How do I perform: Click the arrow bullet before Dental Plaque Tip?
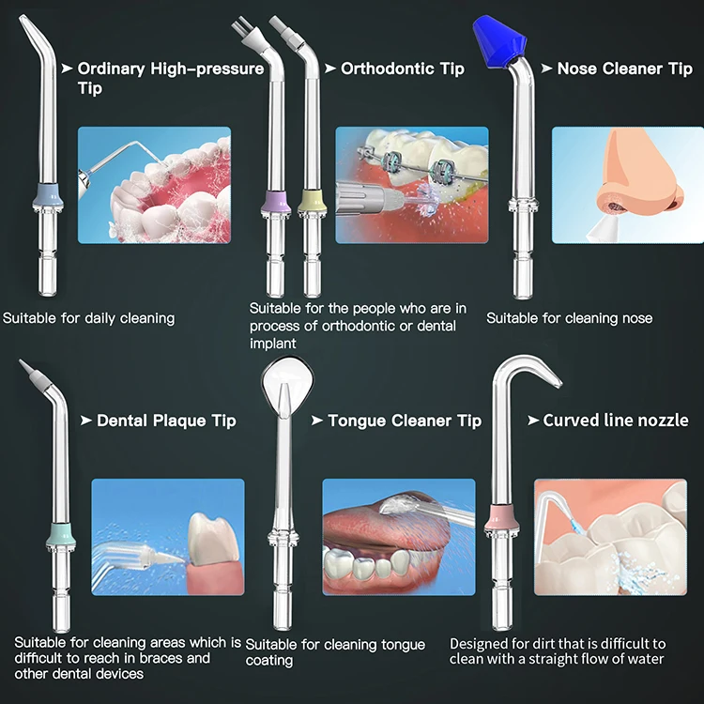click(x=85, y=421)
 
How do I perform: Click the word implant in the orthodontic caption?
click(x=272, y=344)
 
